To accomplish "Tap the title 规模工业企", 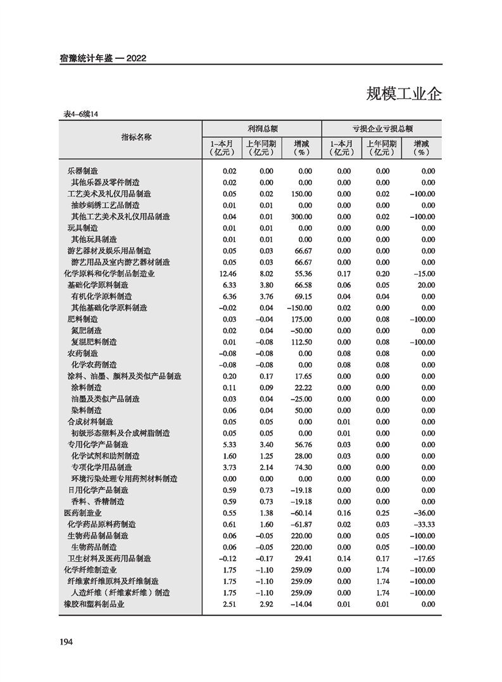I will tap(404, 94).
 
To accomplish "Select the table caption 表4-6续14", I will tap(82, 114).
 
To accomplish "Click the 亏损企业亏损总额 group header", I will tap(382, 127).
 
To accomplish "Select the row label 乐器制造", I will tap(83, 171).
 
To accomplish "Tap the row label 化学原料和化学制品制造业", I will tap(110, 274).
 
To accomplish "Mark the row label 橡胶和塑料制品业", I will tap(94, 604).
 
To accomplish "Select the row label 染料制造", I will tap(87, 410).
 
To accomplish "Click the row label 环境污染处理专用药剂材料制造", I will tap(124, 479).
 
